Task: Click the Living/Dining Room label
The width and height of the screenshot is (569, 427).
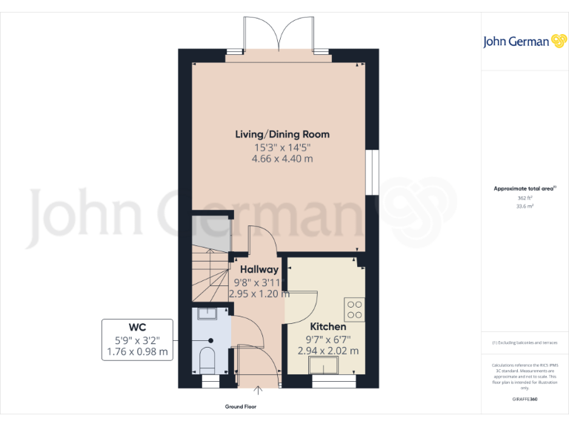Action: (x=282, y=134)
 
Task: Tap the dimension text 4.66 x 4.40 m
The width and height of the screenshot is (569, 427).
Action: (x=282, y=159)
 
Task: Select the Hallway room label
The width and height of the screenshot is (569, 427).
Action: (x=259, y=270)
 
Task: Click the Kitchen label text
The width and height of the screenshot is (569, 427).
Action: (x=327, y=327)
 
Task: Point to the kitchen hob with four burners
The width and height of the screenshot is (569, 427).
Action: (x=354, y=308)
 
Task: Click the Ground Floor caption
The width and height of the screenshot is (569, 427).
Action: (x=240, y=407)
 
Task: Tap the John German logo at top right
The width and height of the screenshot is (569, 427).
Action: (x=525, y=42)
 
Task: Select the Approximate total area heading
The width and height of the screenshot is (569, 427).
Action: (x=524, y=189)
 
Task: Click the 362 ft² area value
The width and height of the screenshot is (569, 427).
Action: (x=524, y=198)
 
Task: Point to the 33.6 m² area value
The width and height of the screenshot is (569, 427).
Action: (x=524, y=207)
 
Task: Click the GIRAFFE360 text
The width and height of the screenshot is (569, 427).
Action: (x=524, y=400)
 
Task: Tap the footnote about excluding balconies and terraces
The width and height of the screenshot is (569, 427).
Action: (x=524, y=342)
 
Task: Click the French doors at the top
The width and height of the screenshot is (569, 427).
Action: (x=278, y=37)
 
